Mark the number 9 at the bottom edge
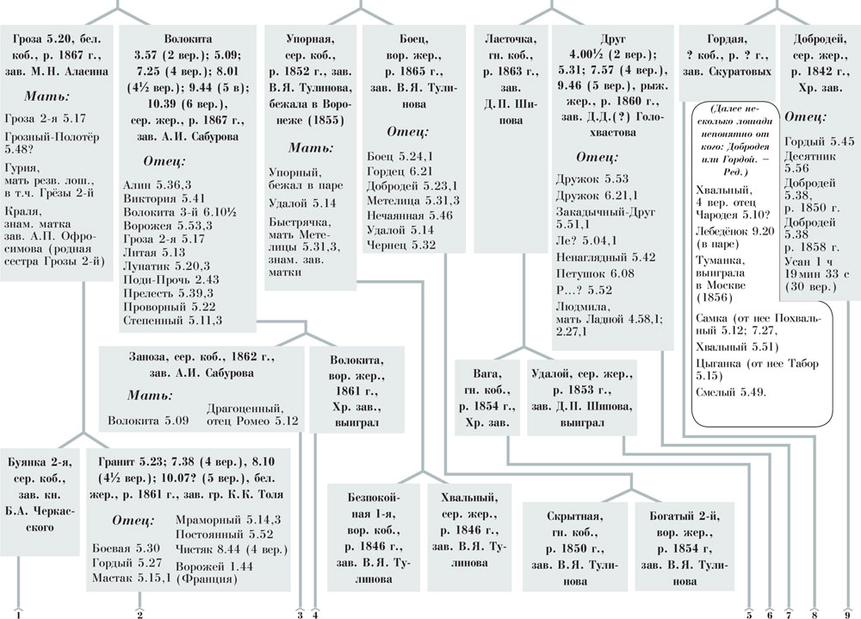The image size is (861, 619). [x=847, y=614]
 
